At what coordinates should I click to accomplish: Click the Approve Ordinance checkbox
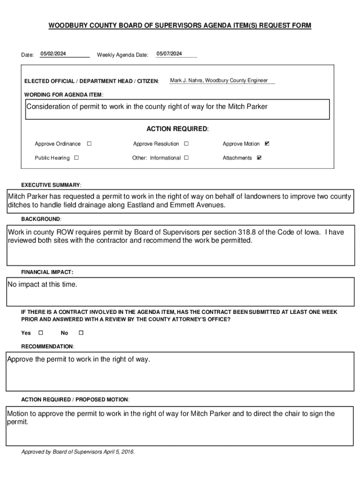tap(89, 144)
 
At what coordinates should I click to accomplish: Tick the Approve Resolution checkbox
tap(186, 144)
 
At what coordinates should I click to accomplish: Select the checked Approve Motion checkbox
tap(267, 144)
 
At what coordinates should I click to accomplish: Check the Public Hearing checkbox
tap(77, 158)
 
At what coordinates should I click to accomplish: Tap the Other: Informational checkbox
tap(186, 158)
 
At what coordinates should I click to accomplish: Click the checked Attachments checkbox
tap(259, 158)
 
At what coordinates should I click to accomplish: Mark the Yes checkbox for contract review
tap(40, 333)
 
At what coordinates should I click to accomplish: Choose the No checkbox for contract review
tap(80, 333)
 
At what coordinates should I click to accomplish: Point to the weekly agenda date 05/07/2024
tap(169, 54)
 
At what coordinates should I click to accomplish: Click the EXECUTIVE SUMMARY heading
tap(51, 185)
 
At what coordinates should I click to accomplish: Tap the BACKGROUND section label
tap(41, 219)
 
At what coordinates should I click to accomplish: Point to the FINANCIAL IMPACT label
tap(47, 272)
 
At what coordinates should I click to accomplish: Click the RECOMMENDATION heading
tap(47, 347)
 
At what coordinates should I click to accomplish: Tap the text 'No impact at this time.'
tap(42, 285)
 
